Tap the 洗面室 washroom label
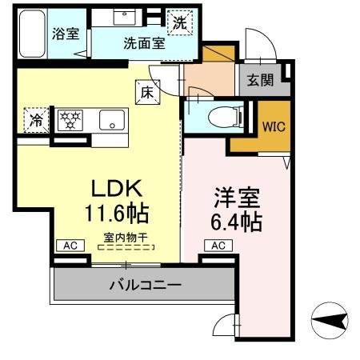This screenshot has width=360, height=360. click(x=145, y=44)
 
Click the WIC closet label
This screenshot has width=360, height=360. click(x=274, y=126)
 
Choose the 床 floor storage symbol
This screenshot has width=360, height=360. click(x=148, y=92)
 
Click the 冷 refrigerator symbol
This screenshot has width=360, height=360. click(x=37, y=121)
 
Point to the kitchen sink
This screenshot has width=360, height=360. click(x=111, y=122)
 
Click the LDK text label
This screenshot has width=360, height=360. click(x=116, y=189)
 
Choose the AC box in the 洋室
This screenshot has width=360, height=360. click(x=218, y=246)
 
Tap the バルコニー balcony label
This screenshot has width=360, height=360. click(x=145, y=284)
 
